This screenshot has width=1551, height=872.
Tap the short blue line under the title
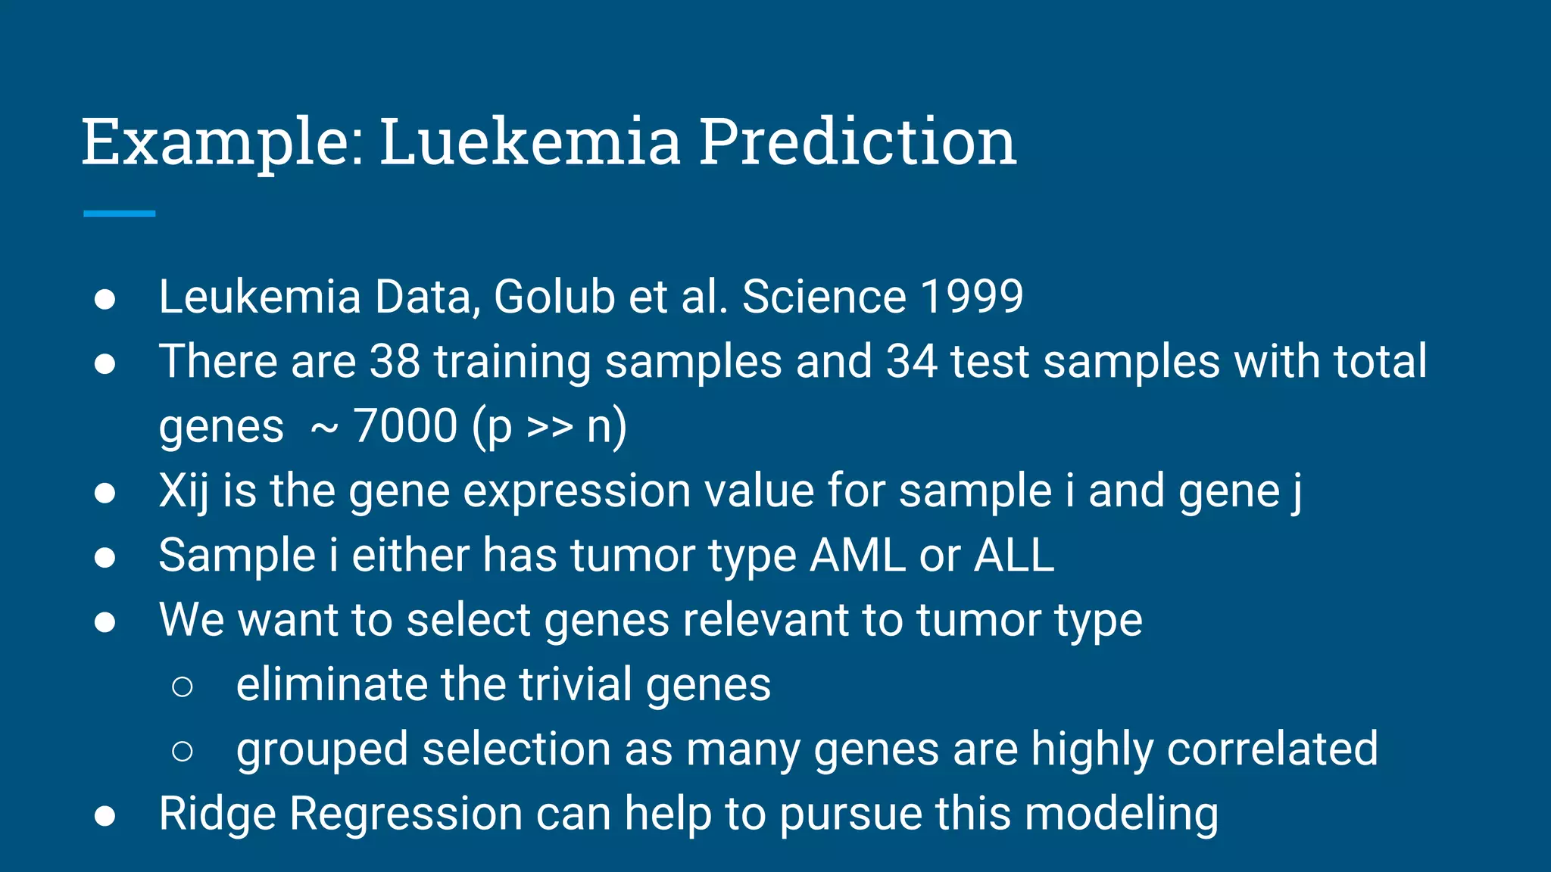pos(119,214)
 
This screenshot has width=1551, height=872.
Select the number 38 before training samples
pos(395,361)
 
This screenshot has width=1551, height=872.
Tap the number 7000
pos(405,425)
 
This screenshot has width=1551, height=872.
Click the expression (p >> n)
pos(549,427)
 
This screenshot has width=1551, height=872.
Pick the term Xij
pos(183,491)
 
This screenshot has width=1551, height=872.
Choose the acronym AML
pos(857,556)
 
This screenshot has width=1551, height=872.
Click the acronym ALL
pos(1013,556)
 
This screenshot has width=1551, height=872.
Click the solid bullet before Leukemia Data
pos(105,299)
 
